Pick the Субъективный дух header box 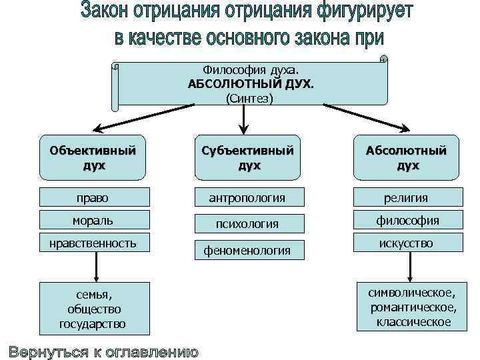click(247, 158)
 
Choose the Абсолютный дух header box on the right click(405, 158)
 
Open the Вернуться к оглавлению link click(103, 351)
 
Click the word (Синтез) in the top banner click(250, 98)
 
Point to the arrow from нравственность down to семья click(97, 267)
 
